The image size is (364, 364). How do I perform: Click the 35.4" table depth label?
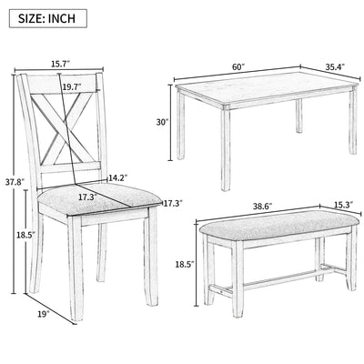point(337,66)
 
